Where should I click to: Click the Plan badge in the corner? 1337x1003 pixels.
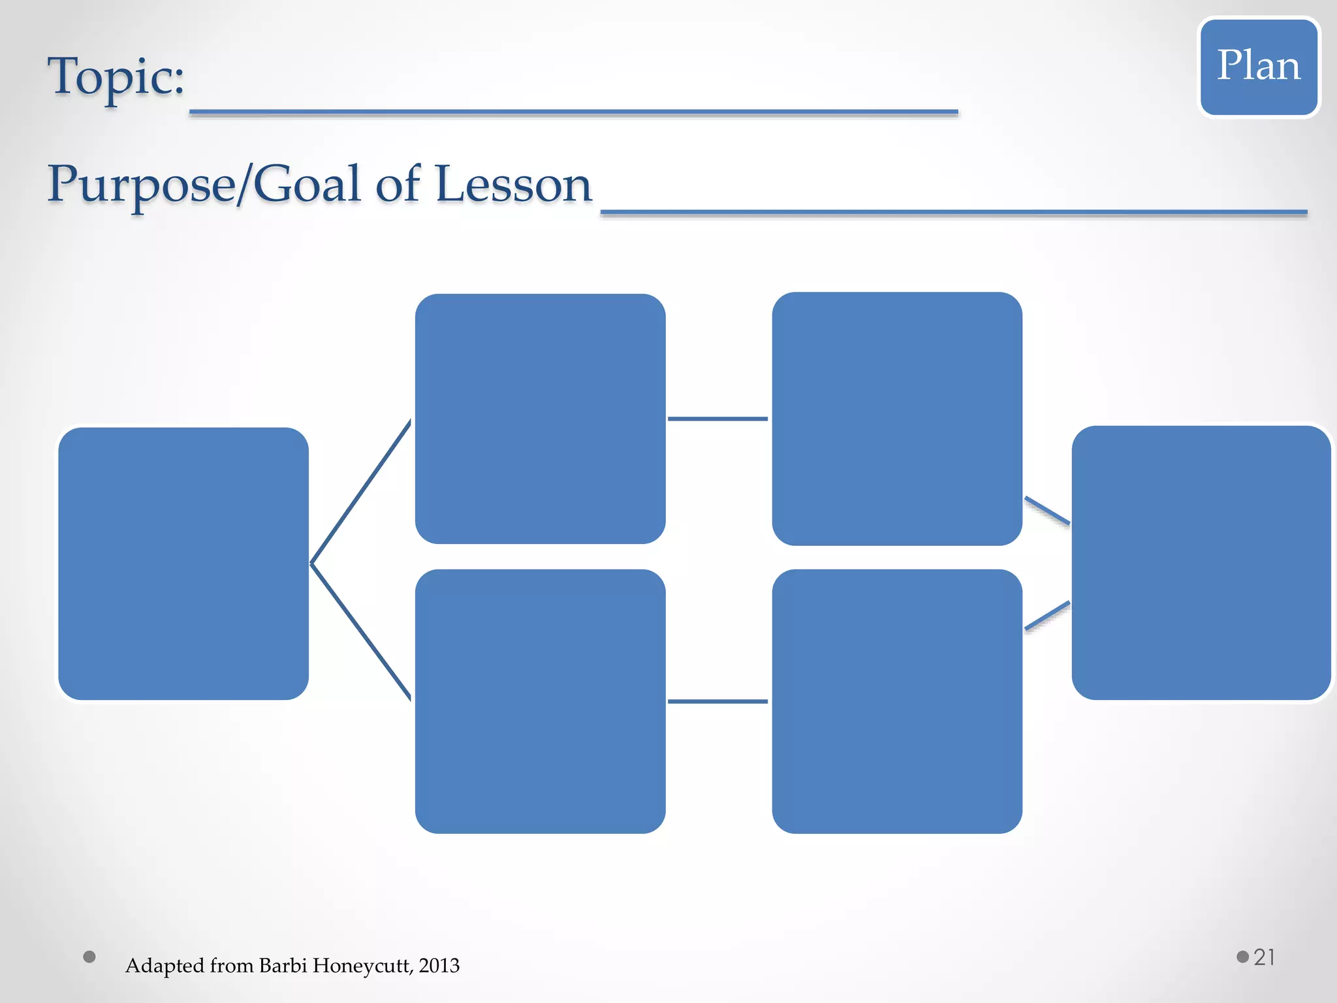point(1259,67)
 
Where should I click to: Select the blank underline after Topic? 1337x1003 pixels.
point(573,113)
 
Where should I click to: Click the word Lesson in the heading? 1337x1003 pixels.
point(513,185)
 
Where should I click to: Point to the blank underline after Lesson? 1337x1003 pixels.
point(953,212)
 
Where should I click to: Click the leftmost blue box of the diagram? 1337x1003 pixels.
point(183,564)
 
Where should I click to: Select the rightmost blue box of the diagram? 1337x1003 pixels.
point(1201,563)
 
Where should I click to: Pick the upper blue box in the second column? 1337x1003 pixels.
point(540,419)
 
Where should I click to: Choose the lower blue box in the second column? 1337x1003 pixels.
point(540,701)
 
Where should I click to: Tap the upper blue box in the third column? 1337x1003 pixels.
point(897,419)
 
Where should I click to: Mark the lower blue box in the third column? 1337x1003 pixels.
point(897,701)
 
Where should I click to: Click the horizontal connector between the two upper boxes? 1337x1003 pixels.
point(717,419)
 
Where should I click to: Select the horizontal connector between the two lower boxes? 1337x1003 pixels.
point(717,701)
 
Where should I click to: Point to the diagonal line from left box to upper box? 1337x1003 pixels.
point(361,491)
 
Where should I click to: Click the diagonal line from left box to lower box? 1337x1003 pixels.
point(361,632)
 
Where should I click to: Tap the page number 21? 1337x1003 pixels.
point(1264,957)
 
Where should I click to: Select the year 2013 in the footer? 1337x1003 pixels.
point(439,966)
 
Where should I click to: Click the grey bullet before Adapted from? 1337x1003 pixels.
point(89,957)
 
